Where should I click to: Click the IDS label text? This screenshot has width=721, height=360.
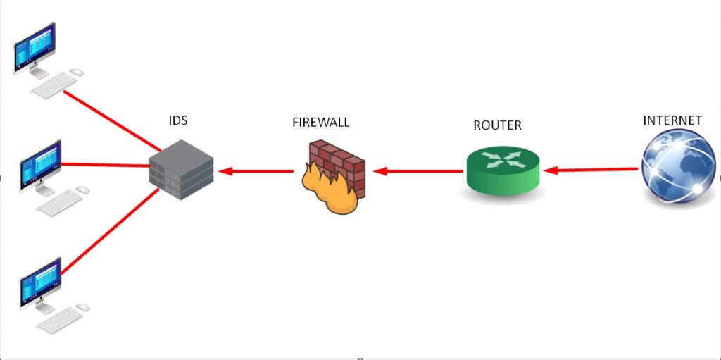(178, 120)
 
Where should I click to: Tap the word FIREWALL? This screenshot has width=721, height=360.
(320, 123)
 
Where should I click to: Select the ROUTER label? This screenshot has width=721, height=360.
(497, 125)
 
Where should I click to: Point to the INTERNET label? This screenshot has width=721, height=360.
(672, 120)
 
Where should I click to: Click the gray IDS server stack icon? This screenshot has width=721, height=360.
(180, 167)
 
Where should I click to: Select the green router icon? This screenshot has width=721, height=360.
(503, 170)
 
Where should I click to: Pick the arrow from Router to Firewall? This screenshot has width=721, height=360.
(418, 171)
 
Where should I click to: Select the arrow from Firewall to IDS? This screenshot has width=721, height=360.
(256, 171)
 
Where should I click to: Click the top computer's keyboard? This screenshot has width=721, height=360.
(54, 86)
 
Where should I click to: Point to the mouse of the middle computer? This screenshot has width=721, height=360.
(82, 190)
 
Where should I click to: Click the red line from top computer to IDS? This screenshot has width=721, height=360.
(113, 120)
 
